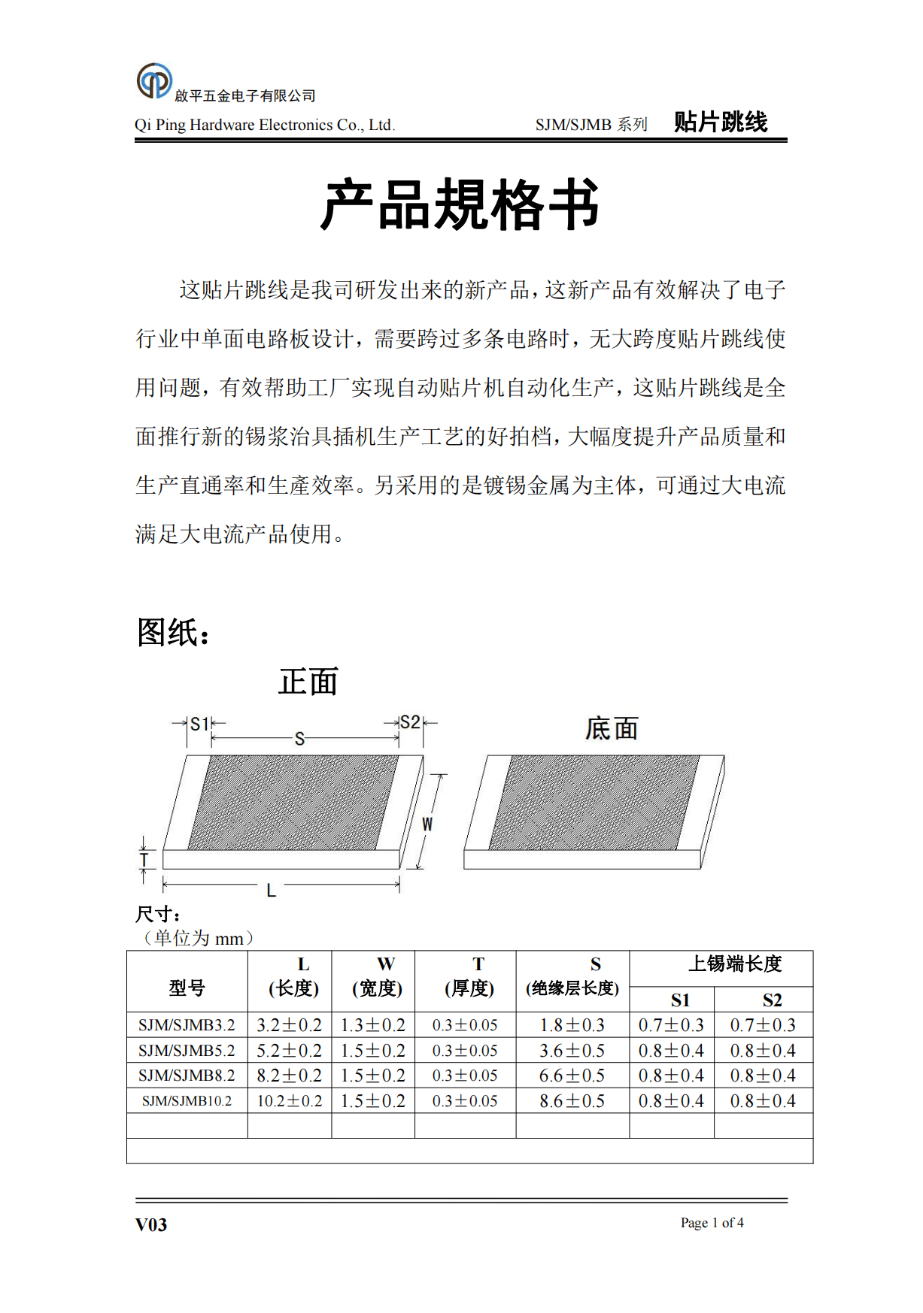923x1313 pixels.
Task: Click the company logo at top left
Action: coord(154,81)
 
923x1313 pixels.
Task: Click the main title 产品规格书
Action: coord(460,204)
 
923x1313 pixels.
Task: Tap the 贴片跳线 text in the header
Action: coord(720,122)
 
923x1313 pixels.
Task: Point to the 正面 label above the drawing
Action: coord(308,682)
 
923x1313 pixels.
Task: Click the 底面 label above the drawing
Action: coord(612,728)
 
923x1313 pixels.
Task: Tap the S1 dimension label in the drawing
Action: coord(199,724)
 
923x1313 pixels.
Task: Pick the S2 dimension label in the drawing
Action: coord(409,722)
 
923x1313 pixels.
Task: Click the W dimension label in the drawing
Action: coord(427,824)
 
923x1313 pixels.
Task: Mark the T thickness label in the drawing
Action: coord(144,860)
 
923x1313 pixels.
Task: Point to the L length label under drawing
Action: coord(271,891)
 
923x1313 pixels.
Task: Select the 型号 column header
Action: coord(187,988)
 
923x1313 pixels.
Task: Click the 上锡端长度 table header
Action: coord(735,964)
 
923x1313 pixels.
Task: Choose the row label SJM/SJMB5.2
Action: coord(187,1050)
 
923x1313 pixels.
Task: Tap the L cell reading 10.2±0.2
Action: coord(290,1101)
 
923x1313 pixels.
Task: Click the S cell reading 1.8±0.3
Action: coord(572,1025)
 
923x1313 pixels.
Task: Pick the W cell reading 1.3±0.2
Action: coord(373,1025)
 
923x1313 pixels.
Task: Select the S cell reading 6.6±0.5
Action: coord(572,1076)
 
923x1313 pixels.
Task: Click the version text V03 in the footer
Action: coord(151,1224)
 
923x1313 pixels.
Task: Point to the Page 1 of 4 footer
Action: coord(712,1223)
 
